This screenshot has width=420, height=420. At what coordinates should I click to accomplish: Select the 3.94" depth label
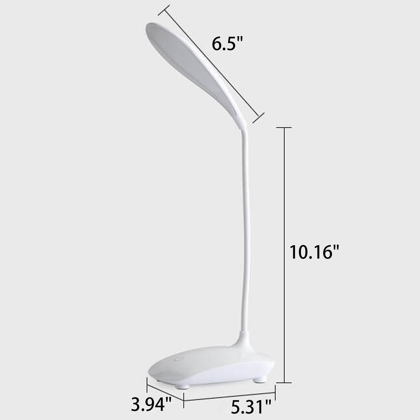click(152, 405)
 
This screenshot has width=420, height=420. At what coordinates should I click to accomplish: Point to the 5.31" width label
click(251, 407)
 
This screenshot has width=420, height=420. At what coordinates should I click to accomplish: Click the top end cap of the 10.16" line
click(284, 128)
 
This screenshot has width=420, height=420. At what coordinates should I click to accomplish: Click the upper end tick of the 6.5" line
click(164, 10)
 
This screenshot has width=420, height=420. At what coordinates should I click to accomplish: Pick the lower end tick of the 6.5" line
click(258, 117)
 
